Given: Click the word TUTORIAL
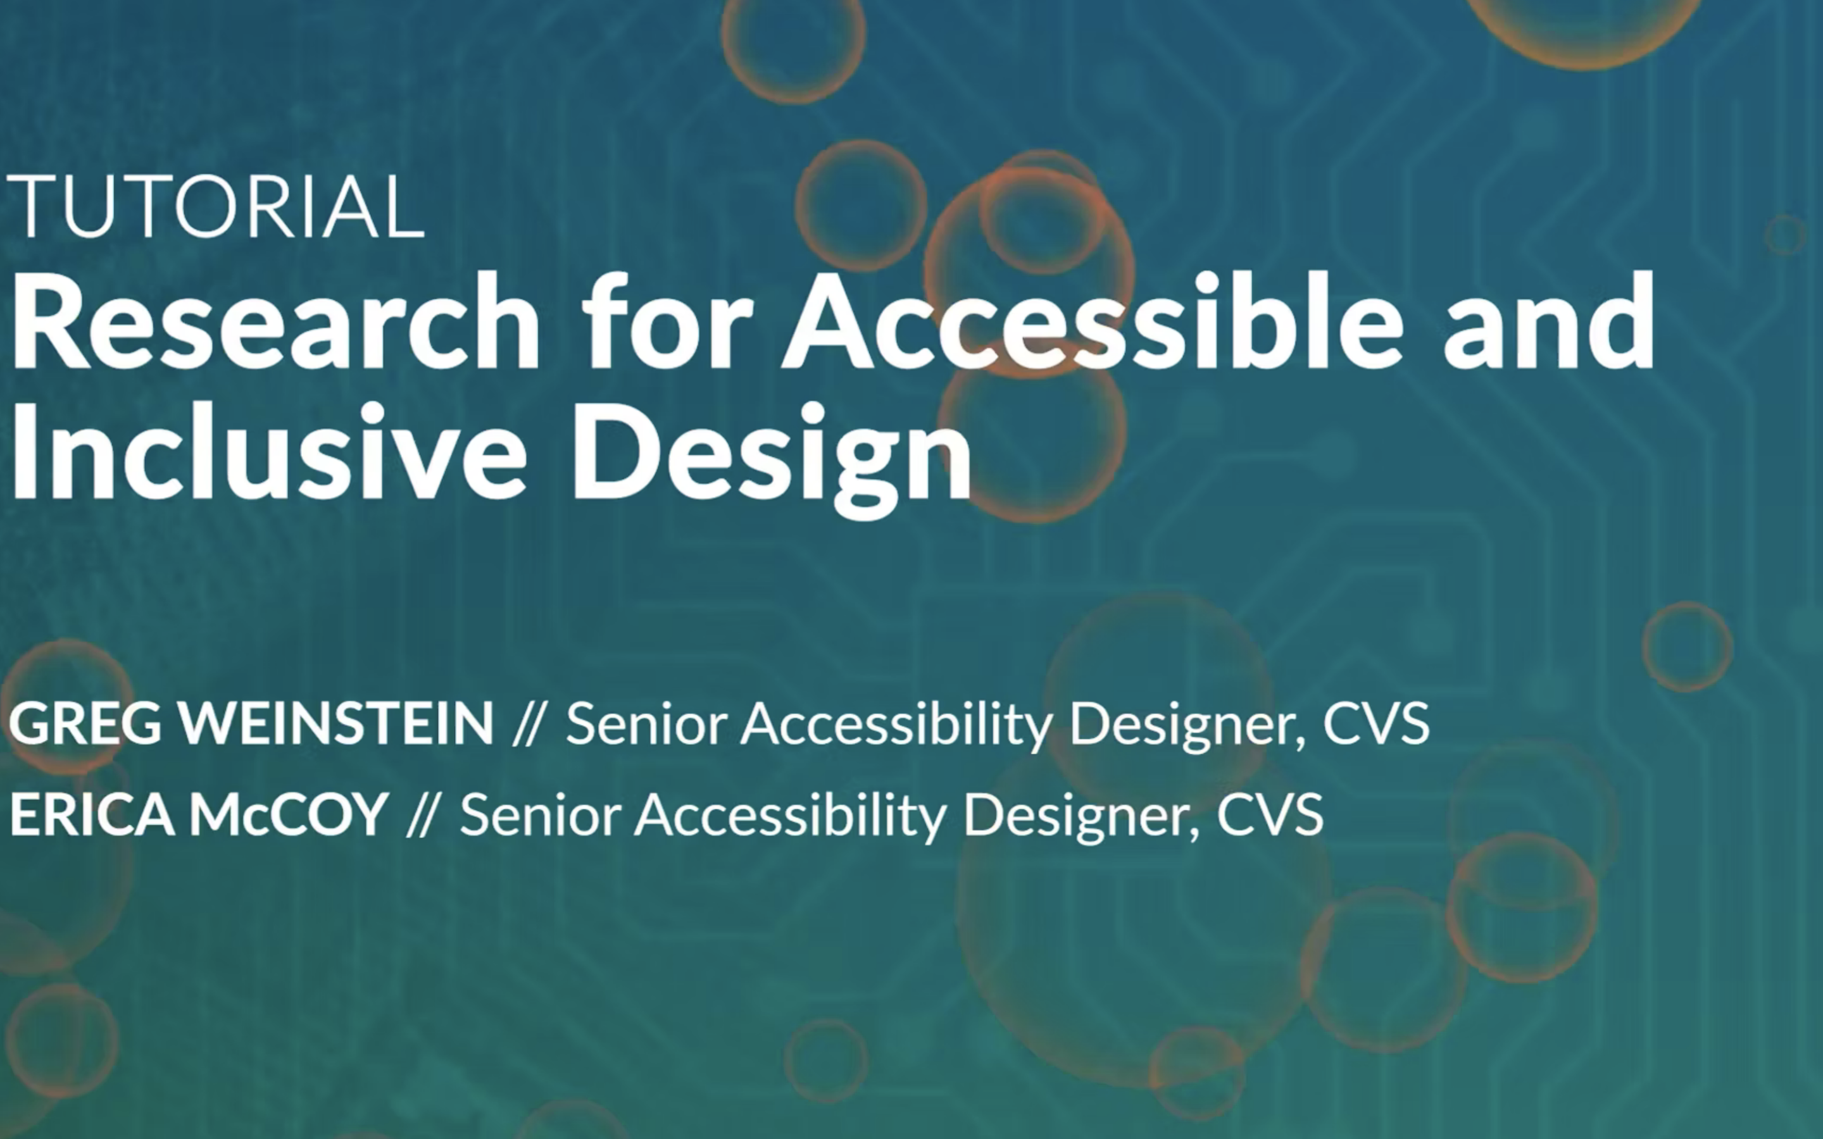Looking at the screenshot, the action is (x=215, y=206).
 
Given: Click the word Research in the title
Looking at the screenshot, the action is (x=275, y=321).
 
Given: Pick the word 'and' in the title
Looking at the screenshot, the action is (x=1549, y=321).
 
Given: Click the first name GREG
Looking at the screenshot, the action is (x=85, y=723).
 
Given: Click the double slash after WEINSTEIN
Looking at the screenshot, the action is (x=527, y=724).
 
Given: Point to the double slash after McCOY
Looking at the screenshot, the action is (x=421, y=815).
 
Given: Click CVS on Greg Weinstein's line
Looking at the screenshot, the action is (x=1376, y=723).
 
